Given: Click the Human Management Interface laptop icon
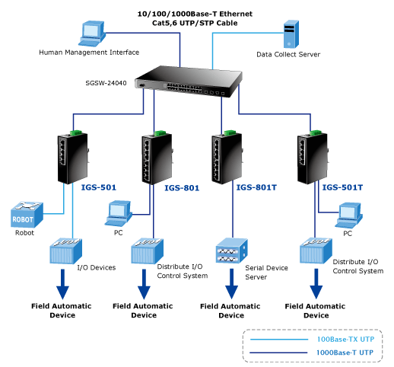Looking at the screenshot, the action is pyautogui.click(x=92, y=34).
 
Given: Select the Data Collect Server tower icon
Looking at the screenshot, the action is pyautogui.click(x=291, y=34).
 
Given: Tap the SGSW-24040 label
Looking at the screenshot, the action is pyautogui.click(x=106, y=83).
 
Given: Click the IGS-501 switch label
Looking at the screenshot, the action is pyautogui.click(x=99, y=187).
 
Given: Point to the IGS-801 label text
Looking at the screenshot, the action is pyautogui.click(x=182, y=188).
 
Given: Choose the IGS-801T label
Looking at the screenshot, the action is pyautogui.click(x=256, y=187).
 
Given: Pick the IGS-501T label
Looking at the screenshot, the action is pyautogui.click(x=342, y=187).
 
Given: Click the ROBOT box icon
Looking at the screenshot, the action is pyautogui.click(x=27, y=215).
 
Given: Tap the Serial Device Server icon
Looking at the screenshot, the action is pyautogui.click(x=231, y=251).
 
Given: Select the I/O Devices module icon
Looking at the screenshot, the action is pyautogui.click(x=65, y=251).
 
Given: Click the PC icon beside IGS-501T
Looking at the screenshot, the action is pyautogui.click(x=348, y=215).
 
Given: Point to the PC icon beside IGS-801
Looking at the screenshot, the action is pyautogui.click(x=119, y=214).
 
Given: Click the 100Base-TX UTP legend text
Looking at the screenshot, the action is pyautogui.click(x=345, y=340).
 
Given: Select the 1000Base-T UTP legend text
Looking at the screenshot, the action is pyautogui.click(x=345, y=353).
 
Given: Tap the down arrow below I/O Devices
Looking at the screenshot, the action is pyautogui.click(x=62, y=284).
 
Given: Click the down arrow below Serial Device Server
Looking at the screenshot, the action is pyautogui.click(x=231, y=284).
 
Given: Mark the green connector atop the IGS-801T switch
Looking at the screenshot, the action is pyautogui.click(x=230, y=132).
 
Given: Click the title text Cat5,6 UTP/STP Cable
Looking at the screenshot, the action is pyautogui.click(x=195, y=23).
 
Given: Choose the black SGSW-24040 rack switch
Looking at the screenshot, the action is pyautogui.click(x=189, y=81).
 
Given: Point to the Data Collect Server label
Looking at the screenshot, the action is pyautogui.click(x=288, y=54).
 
